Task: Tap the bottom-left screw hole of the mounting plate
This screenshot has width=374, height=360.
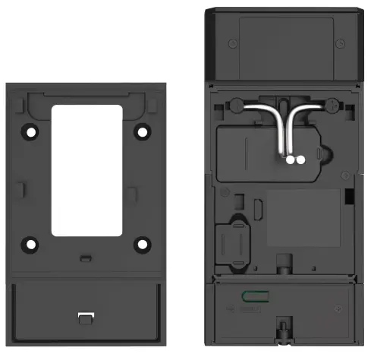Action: click(31, 245)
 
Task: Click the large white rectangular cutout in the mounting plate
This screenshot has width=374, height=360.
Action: click(86, 169)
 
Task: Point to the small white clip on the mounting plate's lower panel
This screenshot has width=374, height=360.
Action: click(86, 316)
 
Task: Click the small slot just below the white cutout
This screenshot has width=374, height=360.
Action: click(86, 257)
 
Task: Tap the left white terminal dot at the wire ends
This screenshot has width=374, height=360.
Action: click(290, 160)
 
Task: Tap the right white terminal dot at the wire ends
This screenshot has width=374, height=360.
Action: click(300, 160)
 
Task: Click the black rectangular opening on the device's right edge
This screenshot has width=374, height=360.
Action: click(349, 196)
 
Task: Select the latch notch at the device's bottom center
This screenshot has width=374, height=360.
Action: click(284, 332)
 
